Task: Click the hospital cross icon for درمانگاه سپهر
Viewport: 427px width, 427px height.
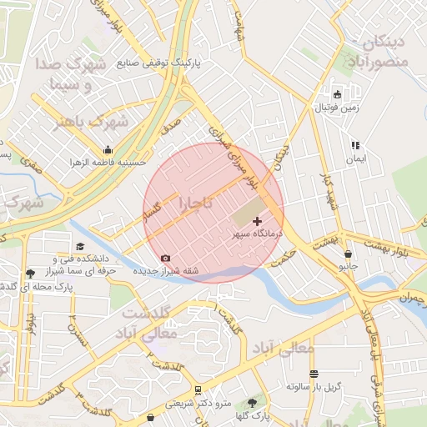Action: (257, 222)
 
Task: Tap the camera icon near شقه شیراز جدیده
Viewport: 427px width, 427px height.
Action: (165, 259)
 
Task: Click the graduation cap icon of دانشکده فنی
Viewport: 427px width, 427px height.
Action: (80, 246)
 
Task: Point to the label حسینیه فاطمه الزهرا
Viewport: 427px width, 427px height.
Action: (106, 162)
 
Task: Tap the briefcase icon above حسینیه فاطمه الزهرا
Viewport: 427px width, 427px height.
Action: (108, 149)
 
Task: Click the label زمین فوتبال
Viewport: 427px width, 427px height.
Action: (334, 108)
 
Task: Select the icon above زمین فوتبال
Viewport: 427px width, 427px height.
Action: (337, 95)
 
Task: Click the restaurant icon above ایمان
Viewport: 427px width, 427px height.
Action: (354, 144)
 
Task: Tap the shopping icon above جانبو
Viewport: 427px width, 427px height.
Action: (348, 254)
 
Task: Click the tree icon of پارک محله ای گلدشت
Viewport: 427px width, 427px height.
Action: (31, 273)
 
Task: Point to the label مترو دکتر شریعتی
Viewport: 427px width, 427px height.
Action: (197, 403)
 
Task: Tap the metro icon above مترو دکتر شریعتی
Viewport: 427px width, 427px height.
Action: (198, 389)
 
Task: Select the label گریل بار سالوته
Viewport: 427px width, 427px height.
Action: (314, 387)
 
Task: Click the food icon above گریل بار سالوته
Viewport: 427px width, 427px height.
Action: (314, 374)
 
